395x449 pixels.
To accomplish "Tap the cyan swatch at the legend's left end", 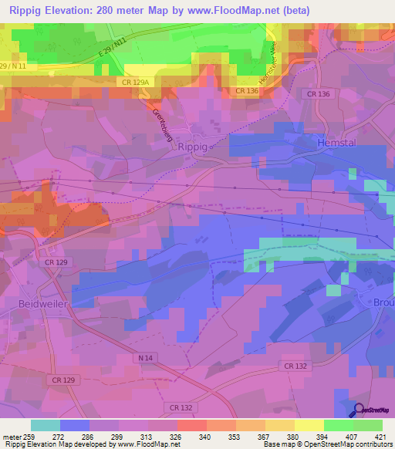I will point(46,424).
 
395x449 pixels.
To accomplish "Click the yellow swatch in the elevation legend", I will point(309,424).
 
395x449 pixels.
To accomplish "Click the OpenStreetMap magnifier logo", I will point(357,409).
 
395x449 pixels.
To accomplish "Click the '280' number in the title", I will point(122,10).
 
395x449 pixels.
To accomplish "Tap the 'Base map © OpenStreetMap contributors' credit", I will point(326,444).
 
